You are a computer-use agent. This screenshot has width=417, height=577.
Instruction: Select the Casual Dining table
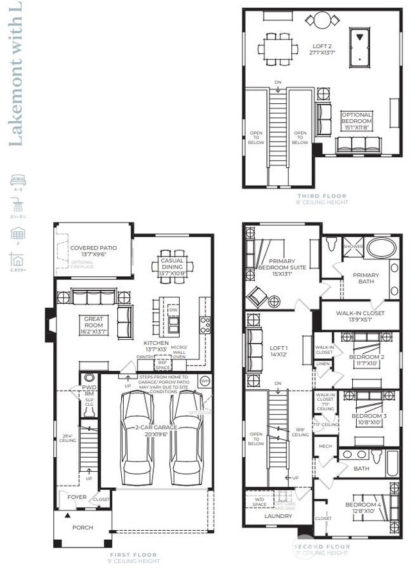coord(171,263)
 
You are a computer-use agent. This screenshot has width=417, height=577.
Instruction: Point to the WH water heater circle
coord(204,381)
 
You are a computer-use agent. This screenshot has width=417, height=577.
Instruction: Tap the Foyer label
coord(68,497)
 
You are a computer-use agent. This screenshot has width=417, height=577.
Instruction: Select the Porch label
coord(82,528)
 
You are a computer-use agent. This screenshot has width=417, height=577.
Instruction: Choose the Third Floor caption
coord(322,196)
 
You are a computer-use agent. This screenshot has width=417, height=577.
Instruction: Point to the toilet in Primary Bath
coord(331,244)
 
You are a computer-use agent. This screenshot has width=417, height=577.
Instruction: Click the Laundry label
coord(278,516)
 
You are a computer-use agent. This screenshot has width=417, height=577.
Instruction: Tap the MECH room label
coord(326,446)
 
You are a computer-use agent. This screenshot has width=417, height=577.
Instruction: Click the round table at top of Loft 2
coord(321,19)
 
